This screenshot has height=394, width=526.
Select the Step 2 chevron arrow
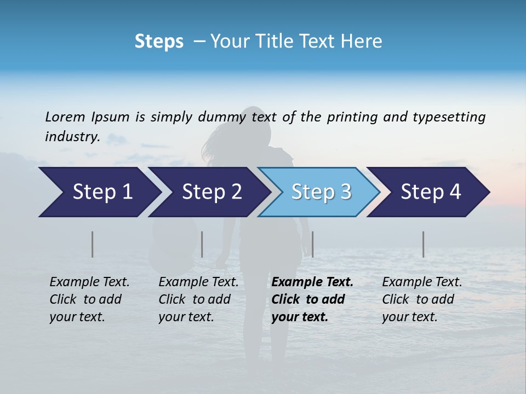(210, 192)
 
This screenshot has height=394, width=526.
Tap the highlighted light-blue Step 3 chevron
(320, 192)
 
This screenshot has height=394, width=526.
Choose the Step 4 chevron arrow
(430, 192)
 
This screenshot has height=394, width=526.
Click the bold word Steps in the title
(159, 42)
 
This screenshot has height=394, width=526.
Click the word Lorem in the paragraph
(65, 117)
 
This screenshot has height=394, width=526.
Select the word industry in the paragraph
(72, 137)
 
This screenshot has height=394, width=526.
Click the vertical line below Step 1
(93, 244)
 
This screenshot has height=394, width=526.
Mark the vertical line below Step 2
(202, 244)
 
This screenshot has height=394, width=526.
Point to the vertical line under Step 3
(312, 244)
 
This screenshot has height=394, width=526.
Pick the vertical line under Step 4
(423, 244)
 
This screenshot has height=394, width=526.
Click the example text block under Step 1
(89, 299)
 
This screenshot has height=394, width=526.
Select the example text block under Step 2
(198, 299)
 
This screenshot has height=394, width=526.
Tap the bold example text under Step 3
(312, 299)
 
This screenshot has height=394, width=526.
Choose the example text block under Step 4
(422, 299)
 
